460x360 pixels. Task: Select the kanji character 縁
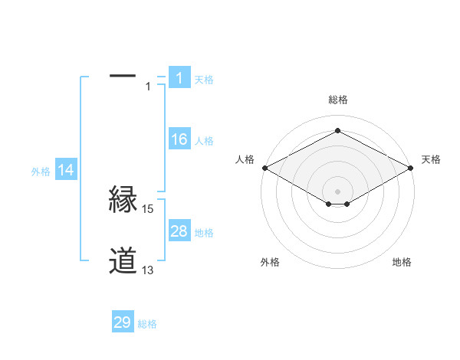[x=123, y=201]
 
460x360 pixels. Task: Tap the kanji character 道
[x=123, y=261]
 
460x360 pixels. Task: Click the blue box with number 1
[x=179, y=77]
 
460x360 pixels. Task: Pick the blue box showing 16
[x=179, y=139]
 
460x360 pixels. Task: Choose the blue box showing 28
[x=179, y=231]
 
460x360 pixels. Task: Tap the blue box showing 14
[x=66, y=171]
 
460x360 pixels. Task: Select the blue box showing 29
[x=123, y=322]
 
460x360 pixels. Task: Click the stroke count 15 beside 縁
[x=148, y=208]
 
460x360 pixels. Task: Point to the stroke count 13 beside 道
[x=148, y=270]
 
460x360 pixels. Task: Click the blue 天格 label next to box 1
[x=204, y=79]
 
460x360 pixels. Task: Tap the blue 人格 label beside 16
[x=204, y=141]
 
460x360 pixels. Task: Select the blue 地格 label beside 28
[x=204, y=233]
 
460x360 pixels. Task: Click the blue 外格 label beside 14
[x=41, y=172]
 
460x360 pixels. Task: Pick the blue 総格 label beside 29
[x=147, y=324]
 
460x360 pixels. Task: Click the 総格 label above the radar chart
[x=337, y=100]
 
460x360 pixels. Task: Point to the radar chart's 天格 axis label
[x=431, y=159]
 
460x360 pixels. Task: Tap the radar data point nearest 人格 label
[x=264, y=168]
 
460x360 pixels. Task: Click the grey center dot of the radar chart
[x=337, y=190]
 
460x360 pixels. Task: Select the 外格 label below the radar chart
[x=270, y=262]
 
